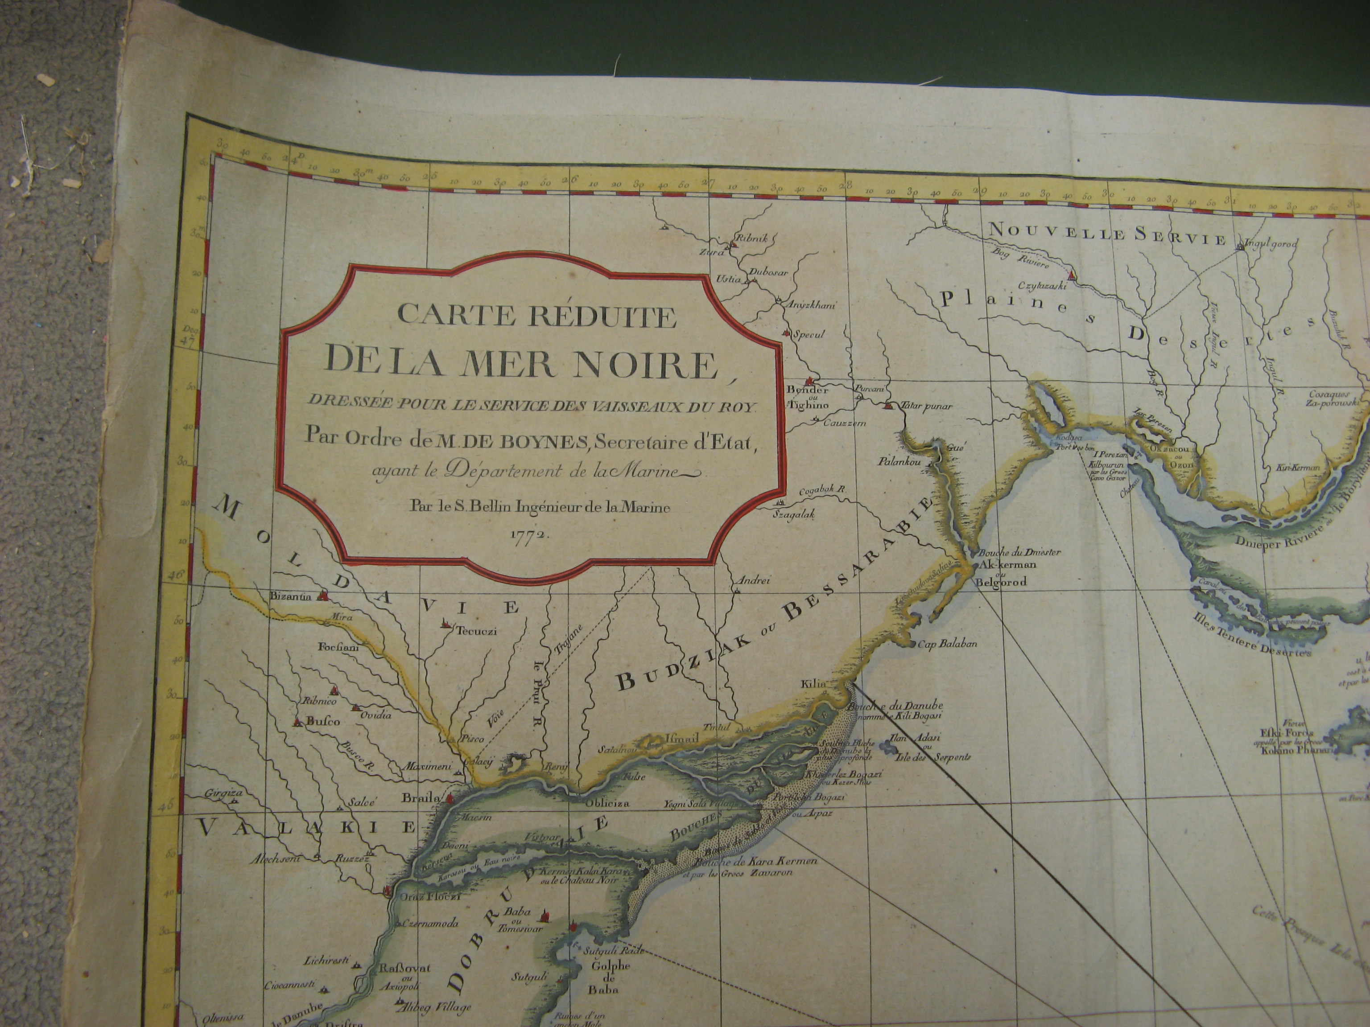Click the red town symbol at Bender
pyautogui.click(x=808, y=382)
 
